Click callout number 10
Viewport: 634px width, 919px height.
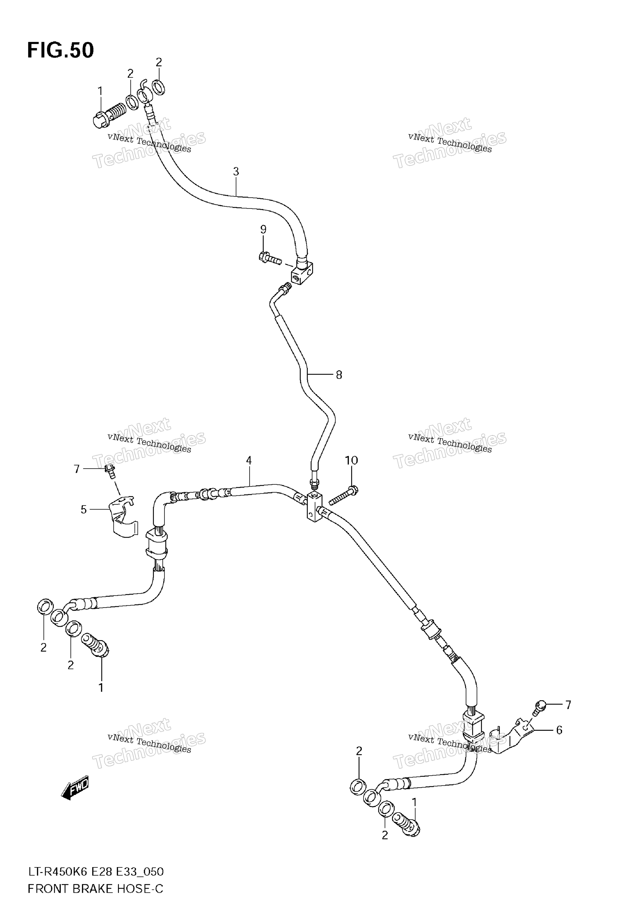click(x=351, y=460)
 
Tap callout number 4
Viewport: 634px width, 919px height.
click(x=249, y=460)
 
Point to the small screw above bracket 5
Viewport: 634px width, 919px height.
click(x=111, y=471)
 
